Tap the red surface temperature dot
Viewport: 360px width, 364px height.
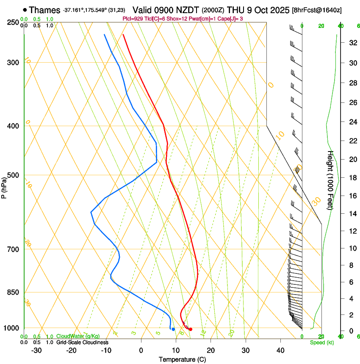point(191,329)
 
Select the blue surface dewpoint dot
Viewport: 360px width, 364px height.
point(173,329)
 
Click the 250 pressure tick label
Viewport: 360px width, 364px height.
point(14,22)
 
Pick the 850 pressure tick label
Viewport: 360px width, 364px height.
point(14,292)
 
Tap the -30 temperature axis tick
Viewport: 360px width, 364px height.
point(36,350)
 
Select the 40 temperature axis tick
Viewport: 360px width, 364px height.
point(280,350)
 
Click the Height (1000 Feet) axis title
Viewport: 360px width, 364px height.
point(331,180)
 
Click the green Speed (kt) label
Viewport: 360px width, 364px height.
point(322,342)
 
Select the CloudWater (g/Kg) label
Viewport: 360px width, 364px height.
point(78,336)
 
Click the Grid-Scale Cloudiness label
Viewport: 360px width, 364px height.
point(81,342)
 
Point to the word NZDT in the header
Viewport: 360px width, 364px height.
point(186,10)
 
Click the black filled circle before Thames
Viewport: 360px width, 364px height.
point(25,10)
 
